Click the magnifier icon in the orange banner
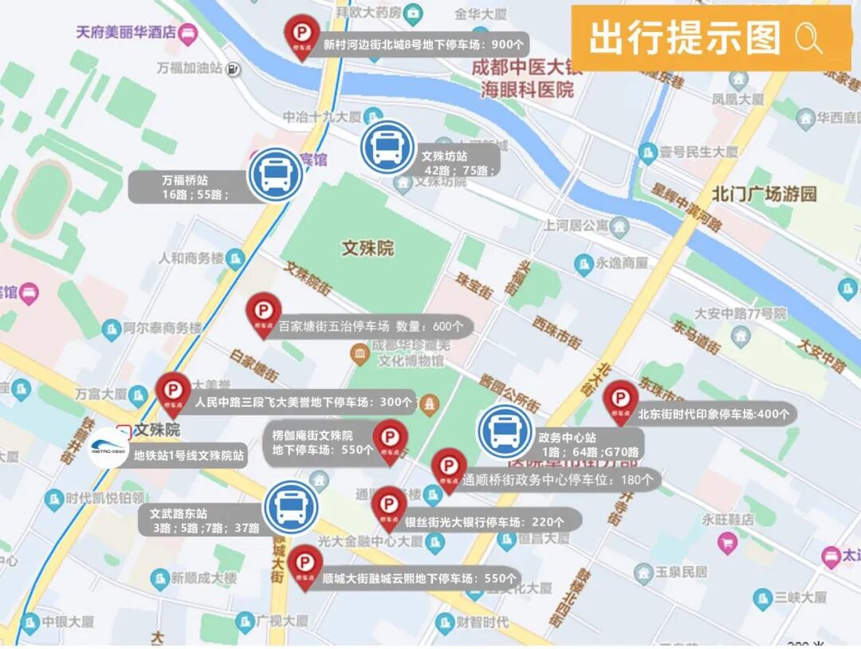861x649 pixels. coord(808,38)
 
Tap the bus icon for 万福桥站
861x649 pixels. coord(275,174)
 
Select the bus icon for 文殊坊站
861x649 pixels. coord(387,147)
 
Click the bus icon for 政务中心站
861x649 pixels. coord(505,431)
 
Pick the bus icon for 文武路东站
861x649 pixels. coord(291,507)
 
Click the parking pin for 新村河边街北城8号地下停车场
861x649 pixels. coord(301,35)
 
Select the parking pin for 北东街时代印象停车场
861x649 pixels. coord(620,399)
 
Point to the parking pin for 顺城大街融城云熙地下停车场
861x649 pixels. coord(305,565)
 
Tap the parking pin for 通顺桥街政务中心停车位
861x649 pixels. coord(449,468)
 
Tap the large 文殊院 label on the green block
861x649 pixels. coord(368,248)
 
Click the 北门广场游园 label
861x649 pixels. coord(765,194)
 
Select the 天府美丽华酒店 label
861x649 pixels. coord(126,32)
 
